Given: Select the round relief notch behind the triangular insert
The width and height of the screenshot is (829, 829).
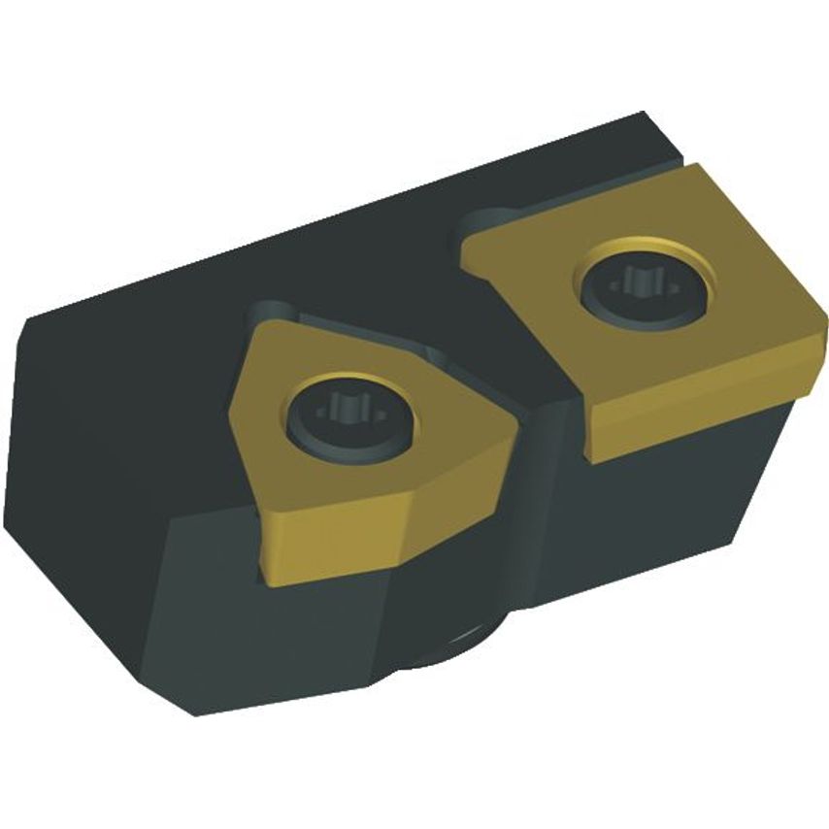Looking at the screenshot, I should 264,315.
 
